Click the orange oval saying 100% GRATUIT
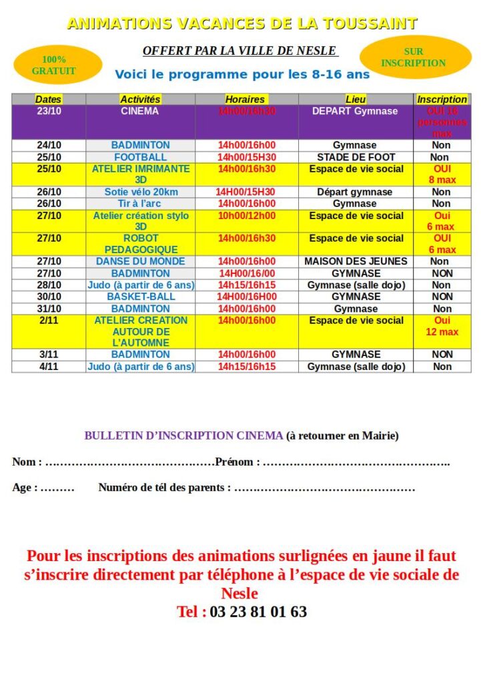(x=57, y=65)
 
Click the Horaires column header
(x=246, y=100)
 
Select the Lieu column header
(x=356, y=100)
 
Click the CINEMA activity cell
(x=140, y=112)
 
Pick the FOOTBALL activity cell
(x=140, y=157)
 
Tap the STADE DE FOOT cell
(x=356, y=157)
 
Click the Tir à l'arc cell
(x=140, y=204)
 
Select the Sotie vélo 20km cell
(x=140, y=192)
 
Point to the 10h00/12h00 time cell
(x=246, y=216)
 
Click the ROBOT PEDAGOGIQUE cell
(x=140, y=244)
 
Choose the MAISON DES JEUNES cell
(x=356, y=261)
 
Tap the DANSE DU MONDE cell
(x=140, y=261)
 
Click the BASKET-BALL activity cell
(x=140, y=297)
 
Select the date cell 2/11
(x=49, y=321)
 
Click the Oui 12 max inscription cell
(x=442, y=326)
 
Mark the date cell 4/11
(x=49, y=367)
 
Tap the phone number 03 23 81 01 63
(x=258, y=611)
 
